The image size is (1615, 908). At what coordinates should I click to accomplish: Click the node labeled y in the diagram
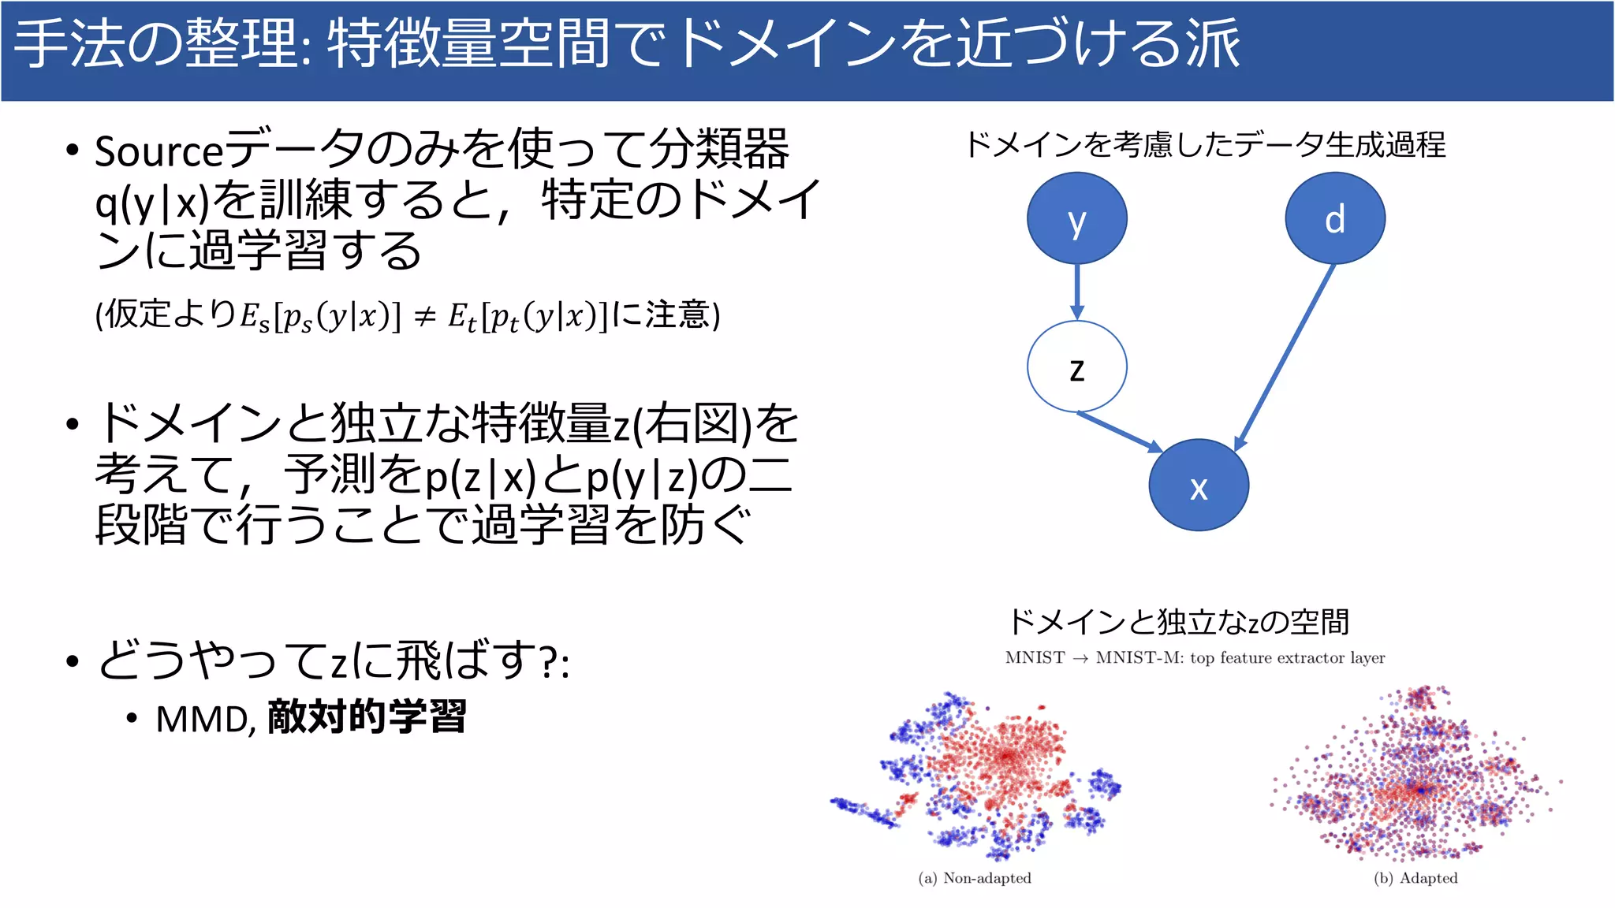pyautogui.click(x=1076, y=218)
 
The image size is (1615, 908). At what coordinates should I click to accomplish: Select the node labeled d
pyautogui.click(x=1334, y=218)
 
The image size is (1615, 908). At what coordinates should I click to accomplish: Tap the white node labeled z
pyautogui.click(x=1076, y=367)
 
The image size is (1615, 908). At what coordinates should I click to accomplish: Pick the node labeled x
pyautogui.click(x=1198, y=486)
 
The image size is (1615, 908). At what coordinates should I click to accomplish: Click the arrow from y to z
pyautogui.click(x=1077, y=292)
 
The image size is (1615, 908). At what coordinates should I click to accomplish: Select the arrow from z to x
pyautogui.click(x=1120, y=431)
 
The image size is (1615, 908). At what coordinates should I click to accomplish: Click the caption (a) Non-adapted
pyautogui.click(x=975, y=878)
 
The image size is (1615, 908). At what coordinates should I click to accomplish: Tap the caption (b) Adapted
pyautogui.click(x=1415, y=878)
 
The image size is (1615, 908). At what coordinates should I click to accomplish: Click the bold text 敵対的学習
pyautogui.click(x=367, y=716)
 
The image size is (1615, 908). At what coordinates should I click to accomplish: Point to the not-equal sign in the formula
pyautogui.click(x=425, y=317)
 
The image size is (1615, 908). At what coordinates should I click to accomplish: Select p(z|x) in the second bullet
pyautogui.click(x=481, y=477)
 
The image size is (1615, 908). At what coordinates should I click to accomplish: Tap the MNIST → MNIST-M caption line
pyautogui.click(x=1195, y=657)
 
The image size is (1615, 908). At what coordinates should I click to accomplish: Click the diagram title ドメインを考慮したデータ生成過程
pyautogui.click(x=1205, y=145)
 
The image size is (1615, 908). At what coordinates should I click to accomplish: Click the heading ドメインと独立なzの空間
pyautogui.click(x=1178, y=622)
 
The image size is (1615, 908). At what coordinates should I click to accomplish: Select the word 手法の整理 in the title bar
pyautogui.click(x=155, y=44)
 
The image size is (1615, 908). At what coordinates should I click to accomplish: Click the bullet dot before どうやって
pyautogui.click(x=73, y=661)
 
